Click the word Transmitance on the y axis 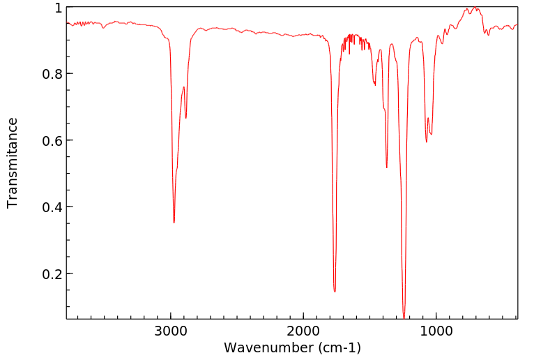click(x=13, y=163)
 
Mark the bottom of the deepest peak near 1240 click(x=404, y=317)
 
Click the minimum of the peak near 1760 click(x=335, y=291)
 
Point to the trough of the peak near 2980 click(x=174, y=223)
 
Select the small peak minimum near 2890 click(x=185, y=117)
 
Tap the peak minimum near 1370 click(x=387, y=167)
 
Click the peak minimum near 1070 click(x=427, y=142)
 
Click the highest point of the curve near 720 click(x=474, y=8)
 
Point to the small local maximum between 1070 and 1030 click(x=429, y=118)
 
